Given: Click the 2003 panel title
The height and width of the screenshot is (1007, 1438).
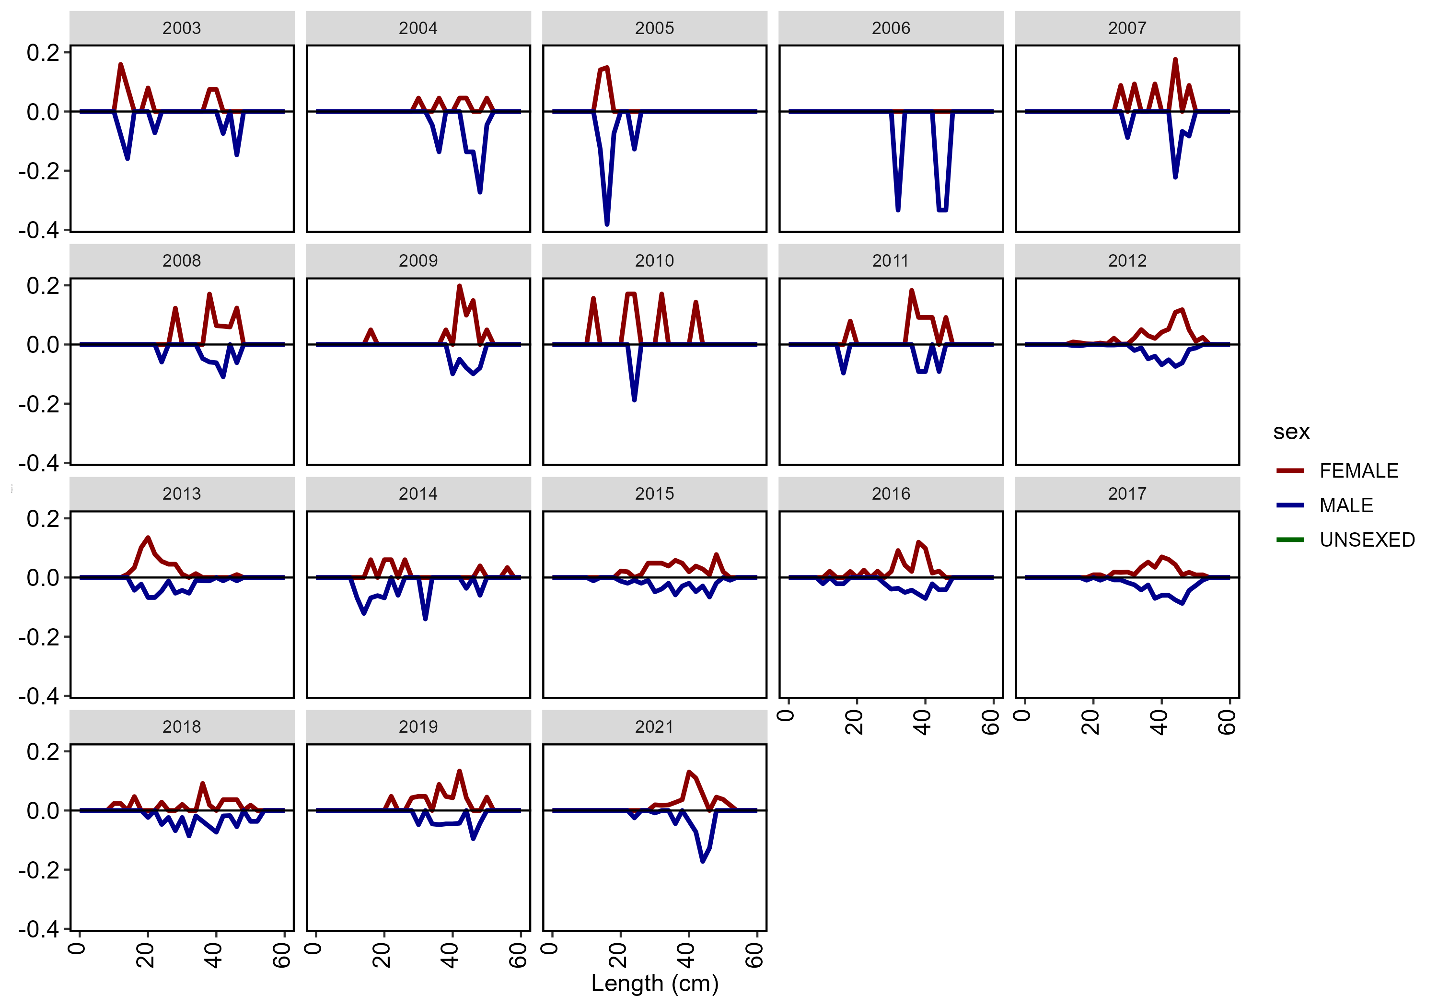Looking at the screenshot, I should point(182,28).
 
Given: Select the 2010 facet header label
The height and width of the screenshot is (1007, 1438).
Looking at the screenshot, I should point(654,261).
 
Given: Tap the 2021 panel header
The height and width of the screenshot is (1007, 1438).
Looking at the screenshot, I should point(654,727).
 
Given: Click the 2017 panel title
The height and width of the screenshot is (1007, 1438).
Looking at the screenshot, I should point(1127,494).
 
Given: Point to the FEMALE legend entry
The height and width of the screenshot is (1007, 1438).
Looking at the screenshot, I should point(1358,470).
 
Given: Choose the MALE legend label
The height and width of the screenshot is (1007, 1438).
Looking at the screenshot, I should point(1346,505).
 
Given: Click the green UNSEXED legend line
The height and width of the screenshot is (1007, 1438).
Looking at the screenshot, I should point(1290,539).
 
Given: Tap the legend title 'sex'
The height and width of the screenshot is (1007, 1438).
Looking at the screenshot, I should point(1291,432).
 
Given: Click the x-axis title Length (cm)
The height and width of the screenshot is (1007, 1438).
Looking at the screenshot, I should point(654,983).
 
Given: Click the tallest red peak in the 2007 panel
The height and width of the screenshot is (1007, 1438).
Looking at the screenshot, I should point(1176,59).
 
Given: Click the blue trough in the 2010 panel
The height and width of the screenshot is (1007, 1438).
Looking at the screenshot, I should point(635,399).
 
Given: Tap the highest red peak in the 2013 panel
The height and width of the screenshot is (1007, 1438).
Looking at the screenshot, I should point(148,538).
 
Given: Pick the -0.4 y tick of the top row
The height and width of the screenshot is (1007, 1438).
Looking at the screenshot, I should point(39,231).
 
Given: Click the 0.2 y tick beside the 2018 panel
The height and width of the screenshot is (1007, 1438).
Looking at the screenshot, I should point(43,751).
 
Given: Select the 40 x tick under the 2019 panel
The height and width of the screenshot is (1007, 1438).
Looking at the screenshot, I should point(450,956).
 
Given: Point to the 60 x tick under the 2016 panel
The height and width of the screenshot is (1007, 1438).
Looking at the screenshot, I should point(991,723).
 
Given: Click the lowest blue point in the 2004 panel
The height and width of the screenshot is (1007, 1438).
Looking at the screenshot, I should point(480,192).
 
